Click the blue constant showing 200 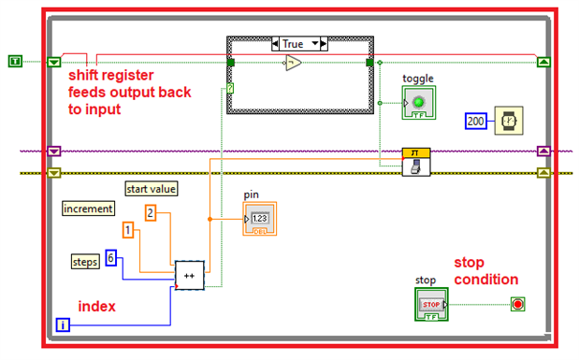[475, 122]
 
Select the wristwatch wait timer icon [509, 121]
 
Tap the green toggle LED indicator [419, 103]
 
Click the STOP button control [431, 304]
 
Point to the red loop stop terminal [517, 304]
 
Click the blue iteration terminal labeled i [63, 324]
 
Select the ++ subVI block [190, 276]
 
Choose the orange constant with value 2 [151, 213]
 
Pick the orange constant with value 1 [128, 230]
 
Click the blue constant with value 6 [110, 257]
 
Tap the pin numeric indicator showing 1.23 [260, 219]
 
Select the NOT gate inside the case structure [294, 63]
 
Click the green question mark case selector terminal [230, 88]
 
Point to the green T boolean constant [15, 62]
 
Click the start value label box [152, 189]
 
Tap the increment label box [88, 209]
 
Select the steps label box [85, 262]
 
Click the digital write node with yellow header [416, 162]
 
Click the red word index [96, 306]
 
